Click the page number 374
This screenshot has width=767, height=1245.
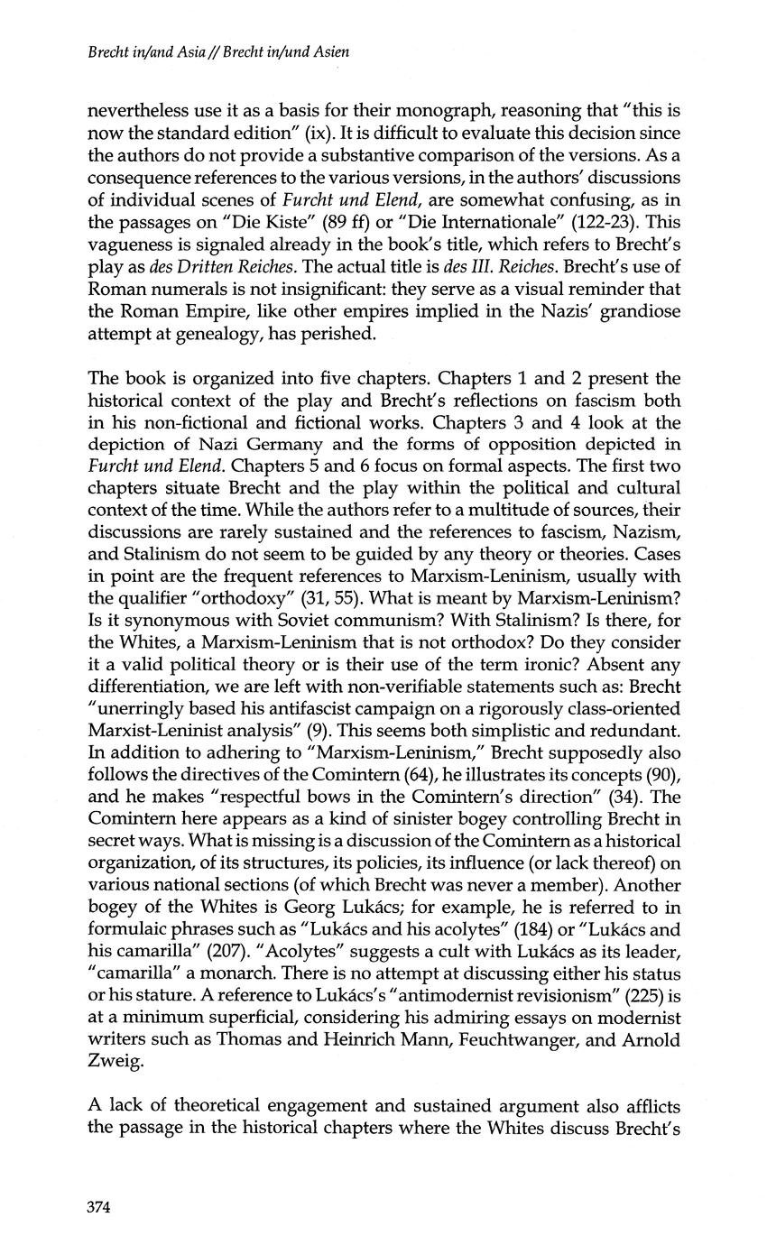98,1208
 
